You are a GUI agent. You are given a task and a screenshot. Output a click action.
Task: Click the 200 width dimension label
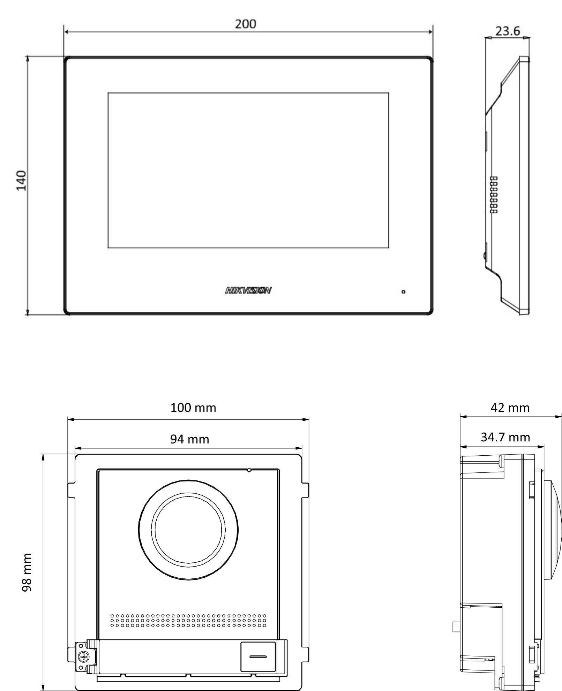tap(245, 24)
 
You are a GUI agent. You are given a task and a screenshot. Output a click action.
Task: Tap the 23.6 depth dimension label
tap(508, 31)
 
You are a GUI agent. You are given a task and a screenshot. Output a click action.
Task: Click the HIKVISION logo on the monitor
tap(248, 290)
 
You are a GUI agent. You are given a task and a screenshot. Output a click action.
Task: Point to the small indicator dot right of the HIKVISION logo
tap(403, 291)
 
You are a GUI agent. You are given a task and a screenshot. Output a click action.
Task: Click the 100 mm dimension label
tap(193, 408)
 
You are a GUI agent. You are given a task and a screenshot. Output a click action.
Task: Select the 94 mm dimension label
tap(189, 439)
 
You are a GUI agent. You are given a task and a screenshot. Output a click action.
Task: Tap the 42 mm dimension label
tap(510, 408)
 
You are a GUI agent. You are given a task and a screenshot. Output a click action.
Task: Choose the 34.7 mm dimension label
tap(505, 437)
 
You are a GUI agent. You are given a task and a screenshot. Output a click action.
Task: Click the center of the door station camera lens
tap(188, 530)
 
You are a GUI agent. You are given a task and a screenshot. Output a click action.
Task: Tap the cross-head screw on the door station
tap(83, 657)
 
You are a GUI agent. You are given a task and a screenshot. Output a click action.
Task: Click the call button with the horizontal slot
tap(258, 656)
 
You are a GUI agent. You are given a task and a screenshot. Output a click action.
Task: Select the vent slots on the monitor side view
tap(494, 195)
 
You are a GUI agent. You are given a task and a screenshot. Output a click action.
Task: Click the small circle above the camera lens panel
tap(249, 470)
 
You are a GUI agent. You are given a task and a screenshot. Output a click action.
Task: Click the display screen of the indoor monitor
tap(248, 170)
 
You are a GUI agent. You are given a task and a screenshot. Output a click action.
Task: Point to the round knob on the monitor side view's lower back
tap(485, 256)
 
